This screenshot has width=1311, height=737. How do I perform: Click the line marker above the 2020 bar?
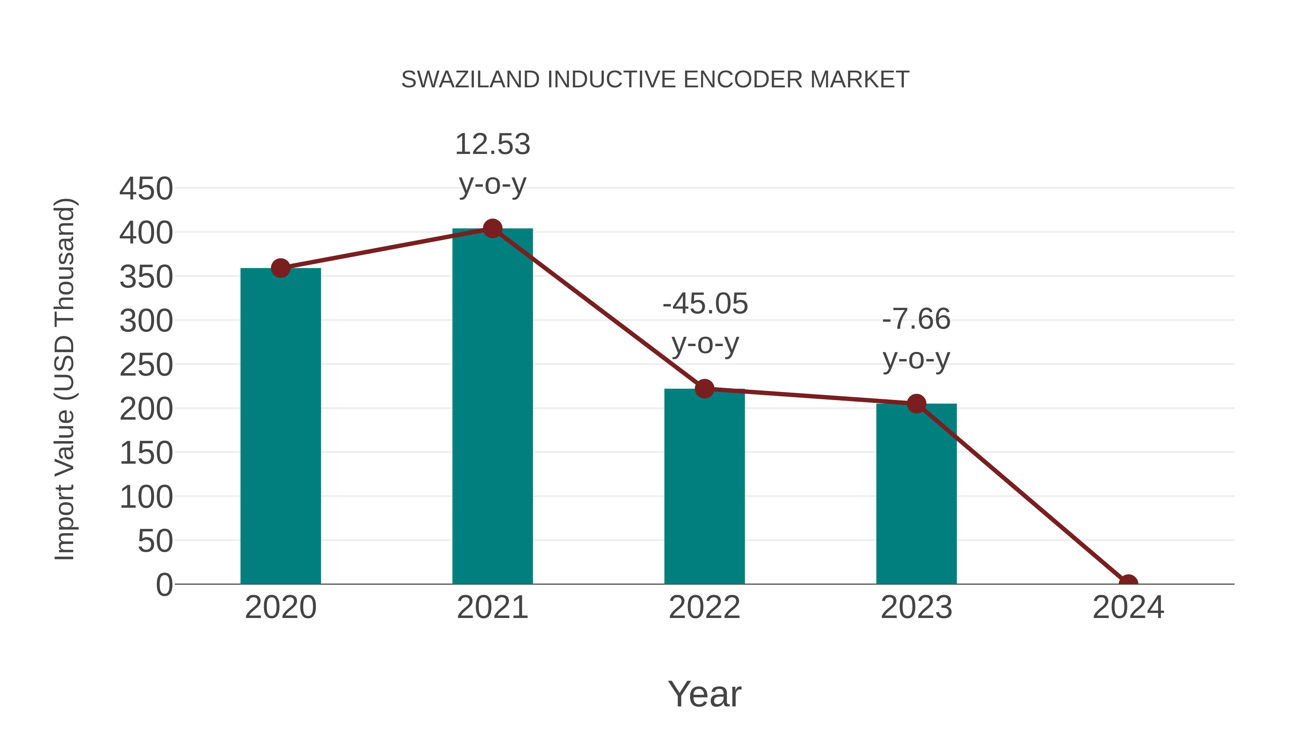280,268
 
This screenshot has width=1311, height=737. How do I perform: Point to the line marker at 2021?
492,229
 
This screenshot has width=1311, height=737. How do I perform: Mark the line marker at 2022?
704,389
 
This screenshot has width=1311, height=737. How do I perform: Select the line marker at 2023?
916,404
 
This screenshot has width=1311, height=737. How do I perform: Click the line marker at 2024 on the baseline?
1128,583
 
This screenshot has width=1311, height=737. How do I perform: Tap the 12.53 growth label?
492,144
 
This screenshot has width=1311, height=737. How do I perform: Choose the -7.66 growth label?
916,320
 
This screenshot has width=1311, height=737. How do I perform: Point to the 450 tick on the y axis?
146,189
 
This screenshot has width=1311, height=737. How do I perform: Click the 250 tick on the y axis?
146,365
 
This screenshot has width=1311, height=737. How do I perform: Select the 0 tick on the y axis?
164,585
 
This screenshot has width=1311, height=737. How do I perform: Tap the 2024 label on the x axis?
1128,608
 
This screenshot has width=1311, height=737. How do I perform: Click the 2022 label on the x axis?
704,608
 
